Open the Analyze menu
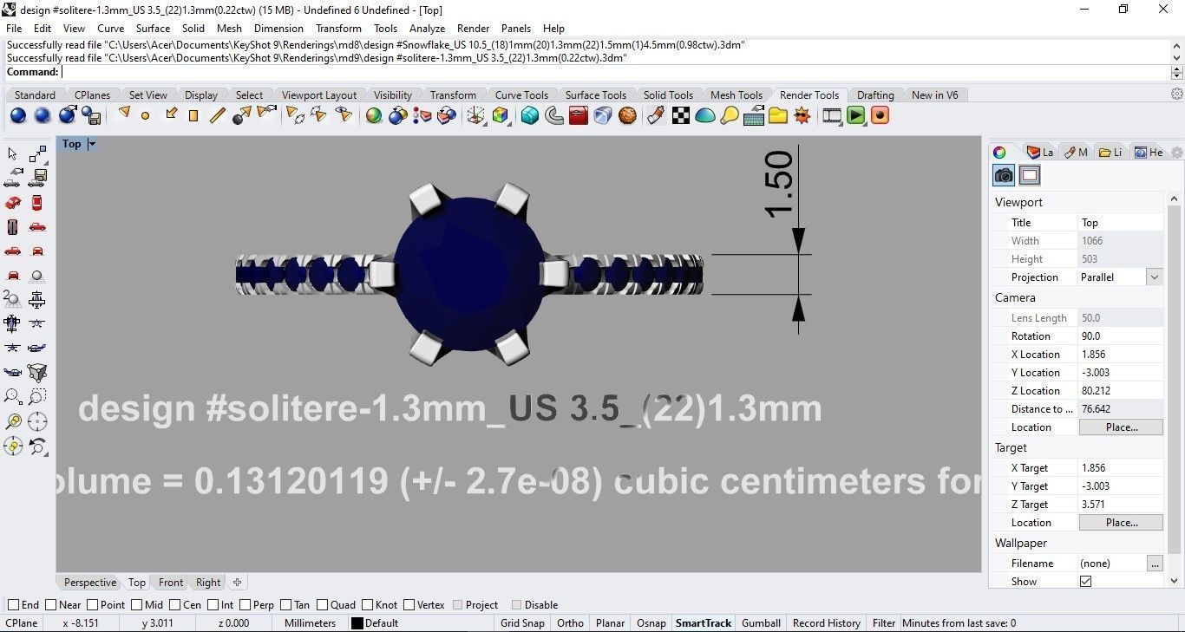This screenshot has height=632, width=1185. (427, 28)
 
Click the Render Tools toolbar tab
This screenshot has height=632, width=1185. (809, 94)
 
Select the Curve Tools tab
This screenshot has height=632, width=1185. (520, 94)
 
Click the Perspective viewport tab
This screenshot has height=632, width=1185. (89, 583)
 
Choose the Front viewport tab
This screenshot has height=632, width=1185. (171, 583)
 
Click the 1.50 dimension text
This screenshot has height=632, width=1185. (778, 184)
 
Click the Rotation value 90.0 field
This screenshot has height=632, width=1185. (1119, 336)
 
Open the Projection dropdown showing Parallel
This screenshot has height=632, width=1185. (1154, 277)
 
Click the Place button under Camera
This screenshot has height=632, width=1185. (1121, 427)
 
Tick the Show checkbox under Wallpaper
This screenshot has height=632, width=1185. (1085, 581)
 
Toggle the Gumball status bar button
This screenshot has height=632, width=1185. (761, 622)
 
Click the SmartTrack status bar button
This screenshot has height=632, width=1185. (704, 622)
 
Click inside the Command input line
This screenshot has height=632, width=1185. (607, 72)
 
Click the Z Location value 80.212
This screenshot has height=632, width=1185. (1119, 391)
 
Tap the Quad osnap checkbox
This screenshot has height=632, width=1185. (323, 605)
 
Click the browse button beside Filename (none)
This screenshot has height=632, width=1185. (1154, 564)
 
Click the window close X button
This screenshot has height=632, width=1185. (1163, 10)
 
